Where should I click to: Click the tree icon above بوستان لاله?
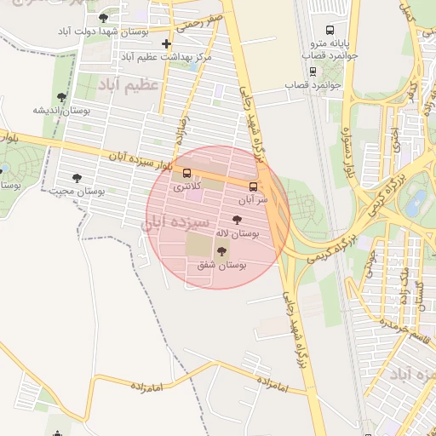pyautogui.click(x=237, y=220)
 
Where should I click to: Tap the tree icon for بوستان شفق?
pyautogui.click(x=222, y=251)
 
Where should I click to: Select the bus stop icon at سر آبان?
pyautogui.click(x=253, y=186)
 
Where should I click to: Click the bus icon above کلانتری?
pyautogui.click(x=186, y=173)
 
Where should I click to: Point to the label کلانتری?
pyautogui.click(x=187, y=186)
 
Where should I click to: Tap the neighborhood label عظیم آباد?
pyautogui.click(x=128, y=87)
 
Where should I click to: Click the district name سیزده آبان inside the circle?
pyautogui.click(x=175, y=222)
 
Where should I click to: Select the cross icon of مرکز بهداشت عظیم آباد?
pyautogui.click(x=166, y=43)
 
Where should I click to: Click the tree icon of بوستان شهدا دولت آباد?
pyautogui.click(x=104, y=17)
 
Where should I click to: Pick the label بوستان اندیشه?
pyautogui.click(x=61, y=110)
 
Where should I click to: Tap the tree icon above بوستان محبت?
pyautogui.click(x=77, y=178)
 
